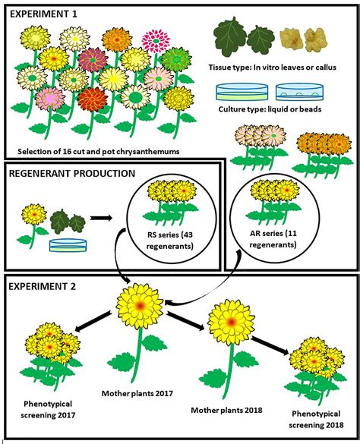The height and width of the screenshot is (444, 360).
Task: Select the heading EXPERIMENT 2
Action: [x=45, y=285]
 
